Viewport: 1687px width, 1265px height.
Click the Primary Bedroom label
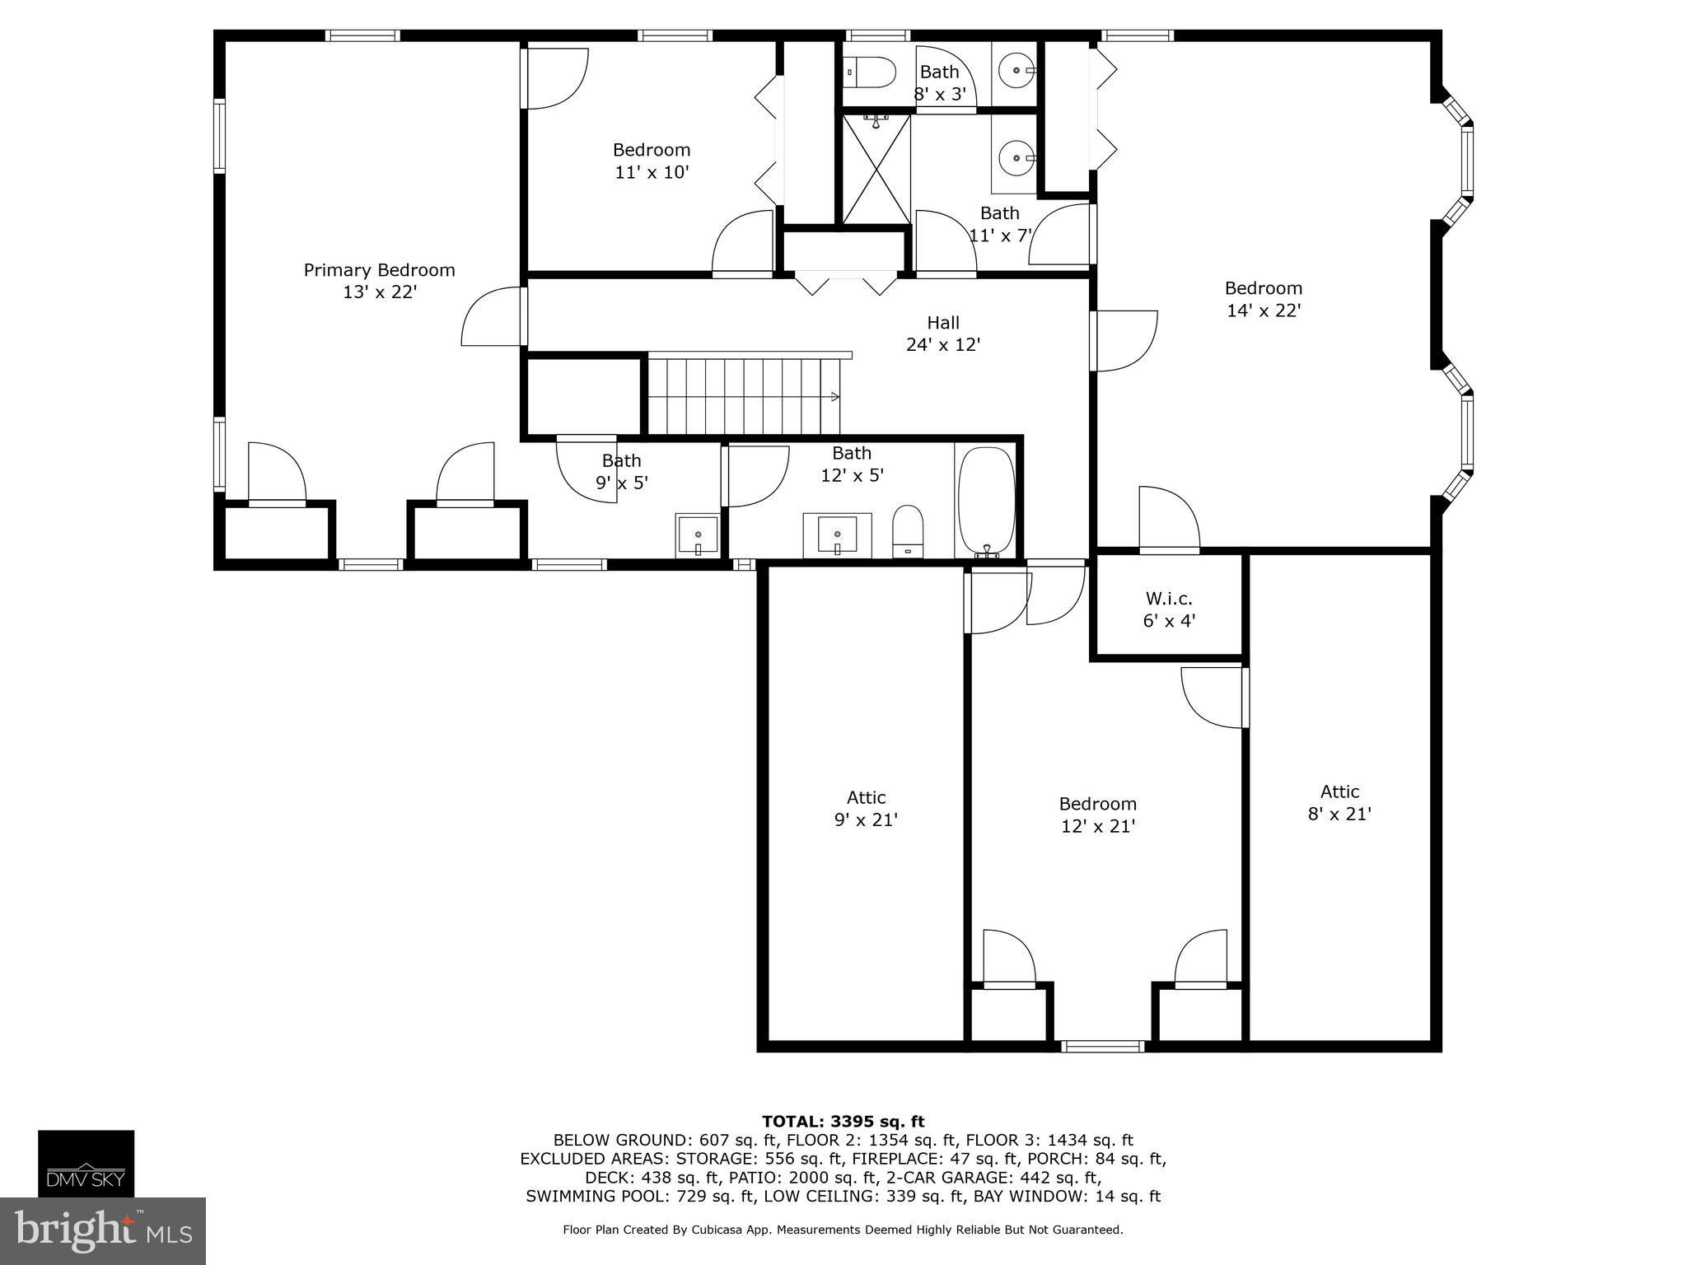379,281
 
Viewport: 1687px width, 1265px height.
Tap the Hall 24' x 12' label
942,334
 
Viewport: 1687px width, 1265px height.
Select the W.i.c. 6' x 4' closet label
1168,609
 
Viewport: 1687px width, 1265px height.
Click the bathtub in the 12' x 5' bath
986,500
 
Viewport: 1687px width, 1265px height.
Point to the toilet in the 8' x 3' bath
871,72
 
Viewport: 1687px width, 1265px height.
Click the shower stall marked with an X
876,169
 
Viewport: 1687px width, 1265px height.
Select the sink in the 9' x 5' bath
697,535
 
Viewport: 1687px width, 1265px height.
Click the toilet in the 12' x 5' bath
908,530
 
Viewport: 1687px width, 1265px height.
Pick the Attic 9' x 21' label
866,809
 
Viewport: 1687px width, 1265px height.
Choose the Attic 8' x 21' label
1339,803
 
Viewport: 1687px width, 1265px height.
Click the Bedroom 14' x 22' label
1263,299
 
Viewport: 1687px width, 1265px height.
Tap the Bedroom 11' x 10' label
651,161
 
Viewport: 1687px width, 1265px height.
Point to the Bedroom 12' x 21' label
1097,815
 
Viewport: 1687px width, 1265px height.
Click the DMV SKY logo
86,1163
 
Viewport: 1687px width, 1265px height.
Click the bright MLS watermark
102,1230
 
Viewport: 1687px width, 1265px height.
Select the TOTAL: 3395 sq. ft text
843,1121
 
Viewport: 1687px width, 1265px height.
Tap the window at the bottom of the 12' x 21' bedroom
1102,1046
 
